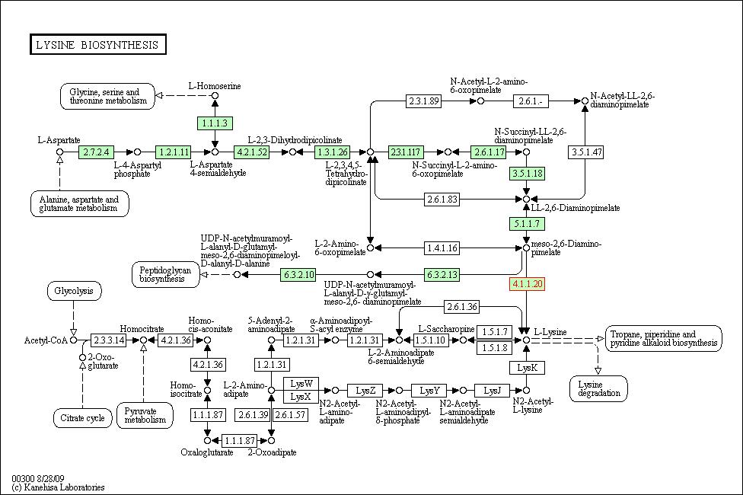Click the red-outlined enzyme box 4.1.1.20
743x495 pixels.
527,284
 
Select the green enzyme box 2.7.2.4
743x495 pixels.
96,152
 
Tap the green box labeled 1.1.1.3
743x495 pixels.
215,123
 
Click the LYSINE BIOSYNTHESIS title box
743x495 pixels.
98,45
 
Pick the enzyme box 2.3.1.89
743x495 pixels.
423,101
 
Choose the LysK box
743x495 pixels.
527,368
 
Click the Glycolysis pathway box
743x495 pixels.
73,291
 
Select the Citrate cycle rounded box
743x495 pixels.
82,418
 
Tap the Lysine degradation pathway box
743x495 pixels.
598,389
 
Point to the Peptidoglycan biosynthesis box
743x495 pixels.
165,274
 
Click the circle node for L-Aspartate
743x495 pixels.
59,152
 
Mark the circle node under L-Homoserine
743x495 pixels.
215,96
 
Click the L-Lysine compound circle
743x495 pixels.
526,340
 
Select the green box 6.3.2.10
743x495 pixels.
298,274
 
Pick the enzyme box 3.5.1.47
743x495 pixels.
586,152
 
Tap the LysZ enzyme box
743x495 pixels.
365,391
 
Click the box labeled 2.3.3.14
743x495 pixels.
109,340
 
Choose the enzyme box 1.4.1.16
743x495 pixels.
442,248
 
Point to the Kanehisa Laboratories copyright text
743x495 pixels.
59,487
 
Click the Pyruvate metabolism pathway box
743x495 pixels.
145,415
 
